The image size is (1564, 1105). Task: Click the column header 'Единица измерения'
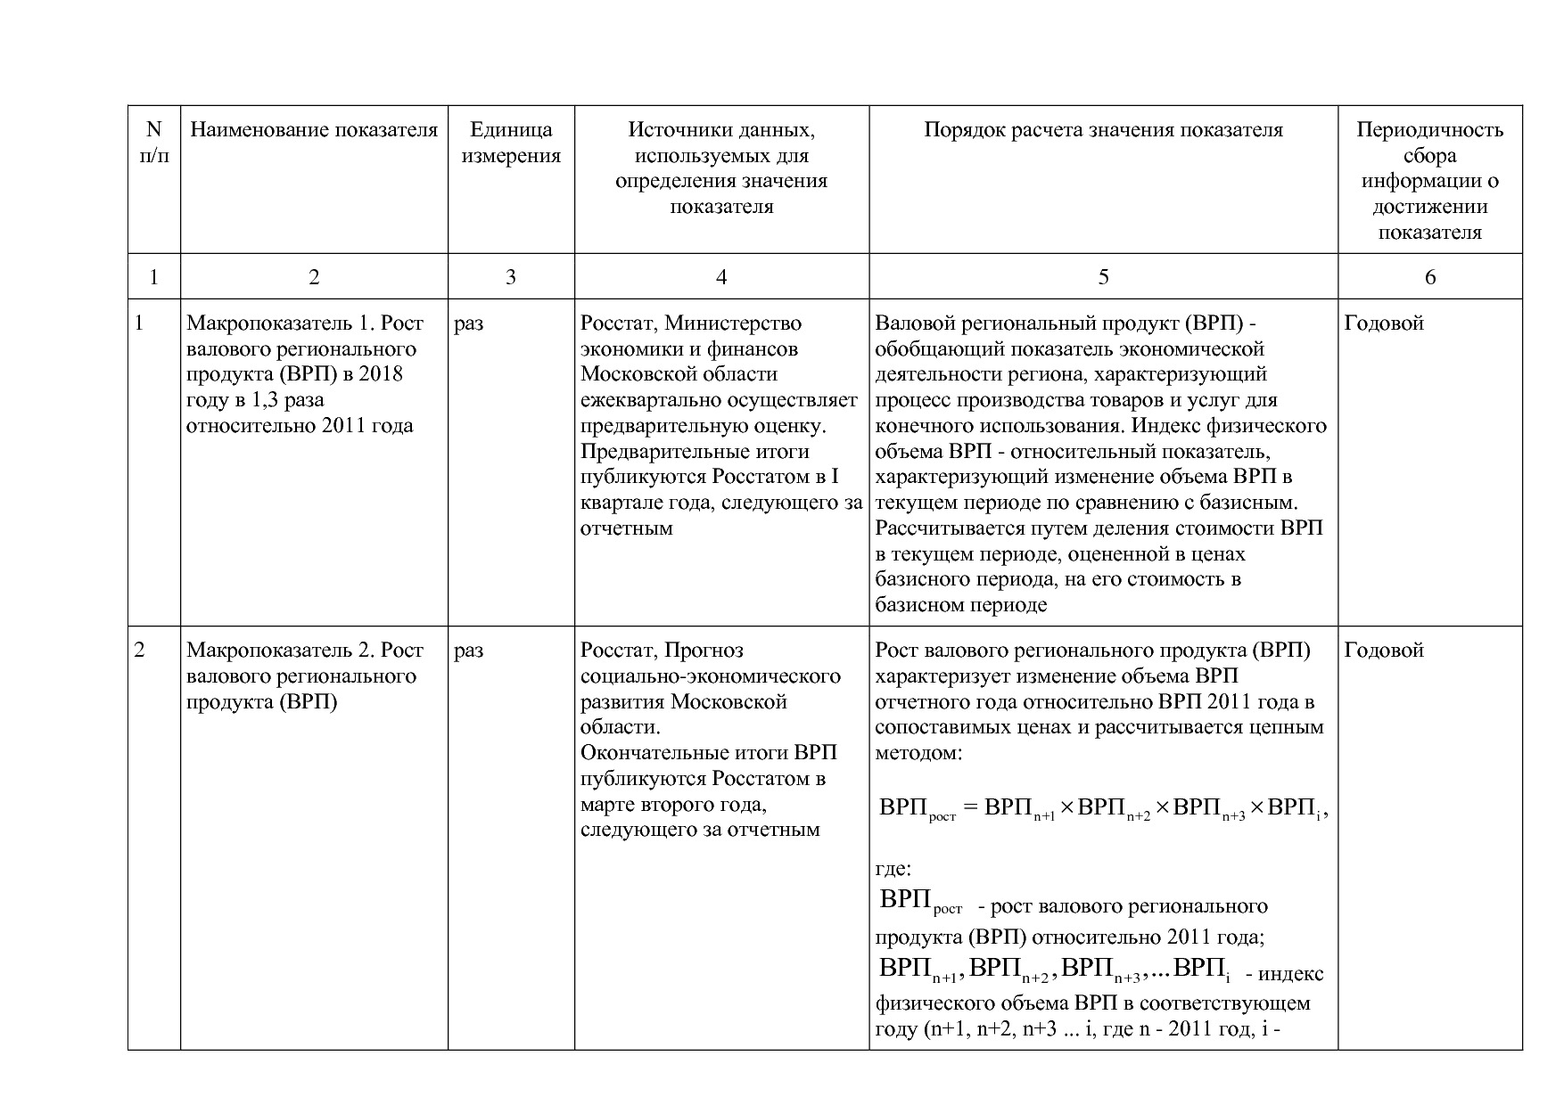pyautogui.click(x=510, y=143)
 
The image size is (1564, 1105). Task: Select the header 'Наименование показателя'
pyautogui.click(x=314, y=130)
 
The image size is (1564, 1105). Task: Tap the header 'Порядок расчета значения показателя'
pyautogui.click(x=1103, y=130)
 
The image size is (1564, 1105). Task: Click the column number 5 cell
pyautogui.click(x=1103, y=277)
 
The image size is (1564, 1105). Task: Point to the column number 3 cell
pyautogui.click(x=510, y=277)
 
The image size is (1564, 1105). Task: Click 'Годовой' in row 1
pyautogui.click(x=1383, y=323)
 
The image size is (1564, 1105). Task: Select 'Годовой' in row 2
pyautogui.click(x=1383, y=651)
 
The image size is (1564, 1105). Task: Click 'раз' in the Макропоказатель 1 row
pyautogui.click(x=468, y=323)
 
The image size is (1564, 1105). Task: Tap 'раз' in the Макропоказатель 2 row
pyautogui.click(x=468, y=651)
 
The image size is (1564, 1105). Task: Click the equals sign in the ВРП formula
pyautogui.click(x=970, y=808)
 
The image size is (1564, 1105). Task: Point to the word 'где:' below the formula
pyautogui.click(x=893, y=869)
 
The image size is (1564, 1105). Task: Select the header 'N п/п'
pyautogui.click(x=154, y=143)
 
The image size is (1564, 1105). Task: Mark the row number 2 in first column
pyautogui.click(x=140, y=651)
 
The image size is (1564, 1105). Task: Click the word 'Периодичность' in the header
pyautogui.click(x=1429, y=130)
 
